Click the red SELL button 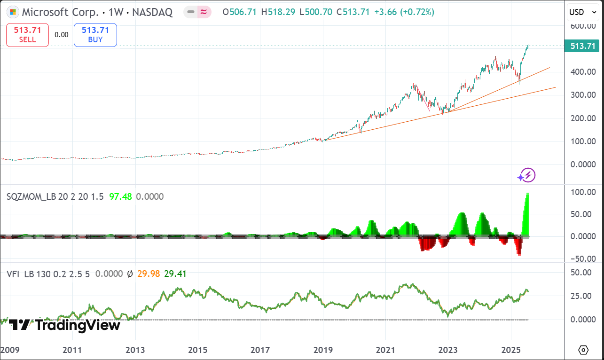coord(27,35)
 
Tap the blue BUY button coord(95,35)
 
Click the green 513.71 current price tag coord(583,46)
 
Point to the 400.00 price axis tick coord(582,72)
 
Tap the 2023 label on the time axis coord(448,350)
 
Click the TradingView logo coord(64,324)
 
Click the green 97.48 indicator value coord(120,196)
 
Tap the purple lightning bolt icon coord(526,176)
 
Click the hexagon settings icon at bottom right coord(583,350)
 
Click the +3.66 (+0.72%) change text coord(404,12)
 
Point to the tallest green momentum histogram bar coord(528,214)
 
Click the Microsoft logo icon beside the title coord(13,12)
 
